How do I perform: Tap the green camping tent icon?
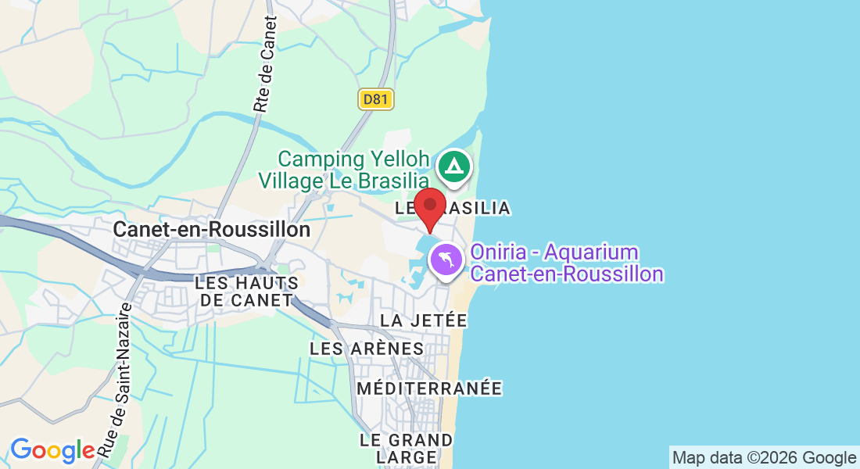tap(453, 166)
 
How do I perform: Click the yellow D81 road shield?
tap(377, 99)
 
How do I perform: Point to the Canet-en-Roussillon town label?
tap(212, 230)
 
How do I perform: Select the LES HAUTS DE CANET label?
tap(246, 291)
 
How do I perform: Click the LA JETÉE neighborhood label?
tap(423, 320)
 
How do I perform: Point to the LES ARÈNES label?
tap(367, 349)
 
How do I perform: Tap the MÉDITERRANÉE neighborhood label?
tap(429, 388)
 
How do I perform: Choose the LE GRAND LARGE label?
tap(406, 449)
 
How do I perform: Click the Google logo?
tap(52, 451)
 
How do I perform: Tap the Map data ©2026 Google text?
tap(764, 458)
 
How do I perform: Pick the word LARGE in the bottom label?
tap(406, 457)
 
